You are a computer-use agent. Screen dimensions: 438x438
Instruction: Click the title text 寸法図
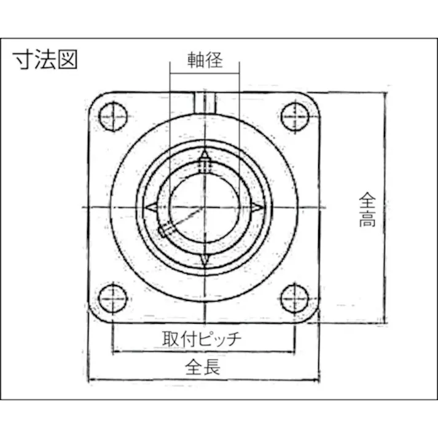(x=45, y=60)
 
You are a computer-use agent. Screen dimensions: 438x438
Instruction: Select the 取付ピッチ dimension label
(x=202, y=338)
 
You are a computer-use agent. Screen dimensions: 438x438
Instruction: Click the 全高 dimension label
(x=367, y=210)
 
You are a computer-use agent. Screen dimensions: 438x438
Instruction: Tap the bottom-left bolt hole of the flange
(x=113, y=297)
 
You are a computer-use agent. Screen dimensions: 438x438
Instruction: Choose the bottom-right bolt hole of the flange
(x=295, y=297)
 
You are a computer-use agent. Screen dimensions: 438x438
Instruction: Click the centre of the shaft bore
(x=203, y=207)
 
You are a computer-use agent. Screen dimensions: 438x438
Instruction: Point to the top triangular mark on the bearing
(x=204, y=154)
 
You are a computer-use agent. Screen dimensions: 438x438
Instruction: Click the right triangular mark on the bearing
(x=257, y=208)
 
